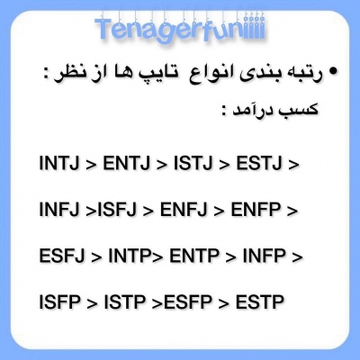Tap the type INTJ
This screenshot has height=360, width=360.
click(59, 165)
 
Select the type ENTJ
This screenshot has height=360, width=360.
click(131, 165)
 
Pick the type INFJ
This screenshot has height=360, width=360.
click(59, 211)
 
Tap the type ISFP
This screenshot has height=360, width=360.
click(59, 301)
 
